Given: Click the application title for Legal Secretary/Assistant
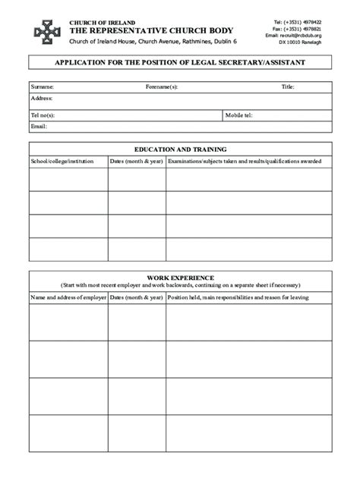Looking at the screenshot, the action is (x=180, y=63).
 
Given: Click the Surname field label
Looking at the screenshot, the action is (x=42, y=87).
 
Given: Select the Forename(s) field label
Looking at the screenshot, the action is (x=162, y=87).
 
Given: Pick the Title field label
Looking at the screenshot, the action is (x=288, y=87).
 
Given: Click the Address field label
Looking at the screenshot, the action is (x=41, y=99).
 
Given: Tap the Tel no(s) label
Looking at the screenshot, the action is (x=43, y=115).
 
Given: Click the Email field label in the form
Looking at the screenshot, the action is (x=39, y=126).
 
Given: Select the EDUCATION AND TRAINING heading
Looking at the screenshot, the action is (x=180, y=149).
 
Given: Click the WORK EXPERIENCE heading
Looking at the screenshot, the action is (x=180, y=278).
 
